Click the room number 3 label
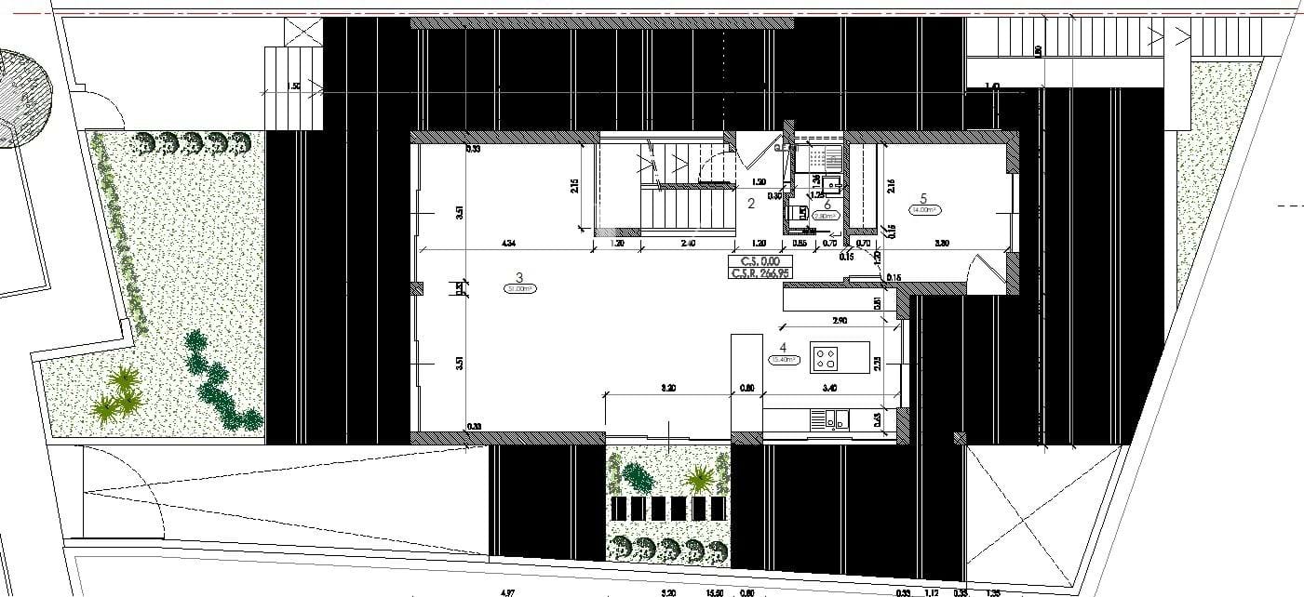[519, 276]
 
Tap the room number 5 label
[923, 197]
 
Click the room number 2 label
[750, 204]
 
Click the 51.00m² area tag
[519, 288]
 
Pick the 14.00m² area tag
[923, 210]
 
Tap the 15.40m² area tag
[783, 360]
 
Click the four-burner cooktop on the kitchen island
[827, 354]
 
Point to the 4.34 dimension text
[508, 244]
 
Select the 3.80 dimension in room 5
[941, 244]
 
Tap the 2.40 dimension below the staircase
[688, 244]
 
